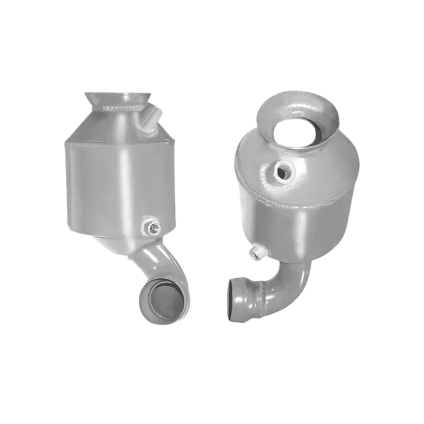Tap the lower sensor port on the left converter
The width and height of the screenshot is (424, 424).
[151, 226]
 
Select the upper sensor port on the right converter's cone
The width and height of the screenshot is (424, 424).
[283, 172]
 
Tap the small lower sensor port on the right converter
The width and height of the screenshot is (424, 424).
[257, 254]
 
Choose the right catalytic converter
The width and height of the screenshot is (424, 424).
[292, 201]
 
